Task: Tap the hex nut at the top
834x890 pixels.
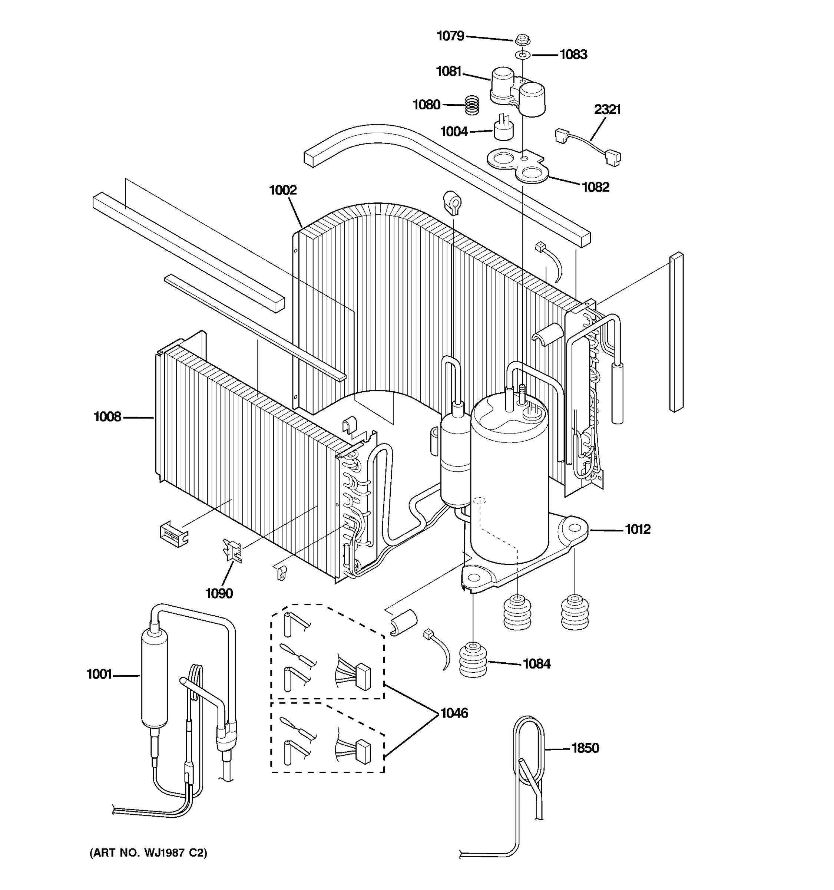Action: point(522,40)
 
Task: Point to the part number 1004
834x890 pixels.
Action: point(454,132)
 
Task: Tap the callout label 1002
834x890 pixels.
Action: point(283,190)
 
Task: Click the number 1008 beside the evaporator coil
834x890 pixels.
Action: point(107,417)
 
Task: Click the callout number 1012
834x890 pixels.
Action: point(637,529)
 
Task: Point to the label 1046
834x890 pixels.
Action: point(454,713)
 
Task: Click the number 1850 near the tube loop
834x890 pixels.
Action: point(585,748)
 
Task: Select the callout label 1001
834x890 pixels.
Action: point(99,674)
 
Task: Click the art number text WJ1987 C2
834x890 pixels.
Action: point(149,853)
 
